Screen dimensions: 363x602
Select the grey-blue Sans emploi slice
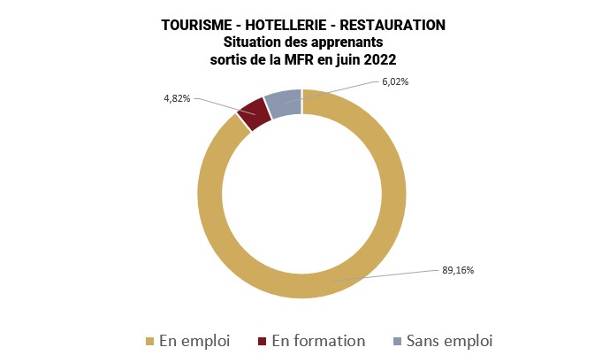284,104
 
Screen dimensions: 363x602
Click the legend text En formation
317,341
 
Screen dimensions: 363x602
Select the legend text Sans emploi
448,341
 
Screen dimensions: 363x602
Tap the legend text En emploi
194,341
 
